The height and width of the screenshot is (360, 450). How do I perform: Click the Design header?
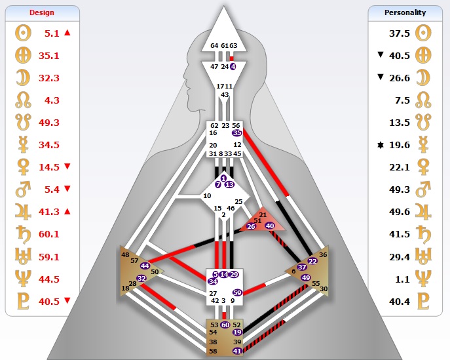pyautogui.click(x=42, y=12)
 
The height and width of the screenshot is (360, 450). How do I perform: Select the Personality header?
pyautogui.click(x=405, y=12)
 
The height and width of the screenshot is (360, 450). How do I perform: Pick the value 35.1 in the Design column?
pyautogui.click(x=49, y=55)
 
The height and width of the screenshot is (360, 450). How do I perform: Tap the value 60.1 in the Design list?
pyautogui.click(x=49, y=235)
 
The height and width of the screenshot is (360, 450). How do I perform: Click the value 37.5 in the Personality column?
pyautogui.click(x=399, y=33)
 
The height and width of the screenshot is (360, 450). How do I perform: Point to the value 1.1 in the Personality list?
pyautogui.click(x=401, y=279)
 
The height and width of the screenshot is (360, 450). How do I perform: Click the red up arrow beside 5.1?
pyautogui.click(x=67, y=32)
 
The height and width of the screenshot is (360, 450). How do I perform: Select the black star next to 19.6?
pyautogui.click(x=378, y=145)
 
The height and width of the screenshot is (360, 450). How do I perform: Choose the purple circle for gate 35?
pyautogui.click(x=236, y=132)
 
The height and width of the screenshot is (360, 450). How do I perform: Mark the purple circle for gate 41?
pyautogui.click(x=237, y=351)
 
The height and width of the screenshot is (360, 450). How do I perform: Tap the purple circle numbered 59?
pyautogui.click(x=237, y=292)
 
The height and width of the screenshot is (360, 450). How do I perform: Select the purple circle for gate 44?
pyautogui.click(x=145, y=266)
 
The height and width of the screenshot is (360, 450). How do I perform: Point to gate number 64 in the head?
pyautogui.click(x=214, y=45)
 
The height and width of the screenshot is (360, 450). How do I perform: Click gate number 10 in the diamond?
pyautogui.click(x=207, y=195)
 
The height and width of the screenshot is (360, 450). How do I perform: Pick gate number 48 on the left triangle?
pyautogui.click(x=125, y=254)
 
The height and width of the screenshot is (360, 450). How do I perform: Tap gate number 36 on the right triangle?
pyautogui.click(x=323, y=254)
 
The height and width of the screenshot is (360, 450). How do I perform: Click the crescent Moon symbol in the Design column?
pyautogui.click(x=20, y=77)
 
